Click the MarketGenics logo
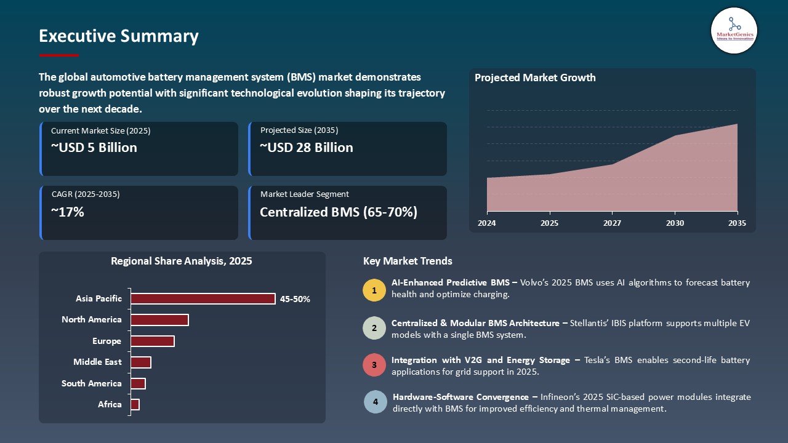(734, 30)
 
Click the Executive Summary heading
(119, 36)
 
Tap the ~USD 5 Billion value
(94, 148)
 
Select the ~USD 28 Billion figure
(307, 148)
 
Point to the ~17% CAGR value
(67, 212)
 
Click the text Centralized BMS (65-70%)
(339, 212)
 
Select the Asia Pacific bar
(203, 299)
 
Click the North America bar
(159, 320)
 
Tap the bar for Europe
(153, 341)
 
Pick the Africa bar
(135, 404)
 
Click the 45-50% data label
(295, 300)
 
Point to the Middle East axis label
(97, 362)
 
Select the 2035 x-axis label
(736, 223)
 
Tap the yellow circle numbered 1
(374, 290)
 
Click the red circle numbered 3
(374, 365)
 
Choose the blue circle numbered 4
(375, 402)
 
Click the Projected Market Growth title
(535, 78)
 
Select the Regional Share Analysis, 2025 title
(182, 261)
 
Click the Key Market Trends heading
(408, 261)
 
